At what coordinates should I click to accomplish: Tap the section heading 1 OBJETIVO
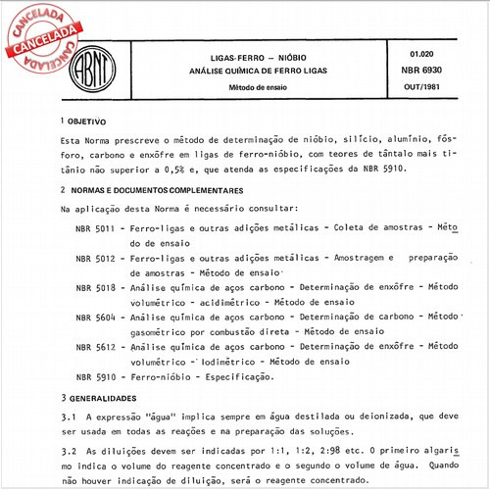(83, 121)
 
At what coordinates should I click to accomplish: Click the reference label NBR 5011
(95, 227)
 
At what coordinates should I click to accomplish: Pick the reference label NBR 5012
(95, 258)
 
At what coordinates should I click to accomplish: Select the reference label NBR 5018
(95, 287)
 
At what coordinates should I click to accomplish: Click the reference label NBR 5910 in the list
(95, 376)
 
